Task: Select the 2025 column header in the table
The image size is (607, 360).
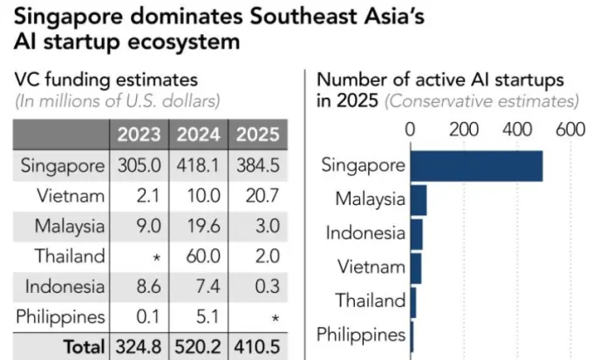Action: (256, 135)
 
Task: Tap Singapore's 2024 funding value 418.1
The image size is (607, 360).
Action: (198, 166)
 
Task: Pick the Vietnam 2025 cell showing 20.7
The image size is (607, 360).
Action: (256, 195)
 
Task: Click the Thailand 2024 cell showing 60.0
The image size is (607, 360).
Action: (198, 256)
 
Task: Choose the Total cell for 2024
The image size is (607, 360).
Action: (198, 346)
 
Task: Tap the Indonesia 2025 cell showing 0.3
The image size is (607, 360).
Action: (256, 286)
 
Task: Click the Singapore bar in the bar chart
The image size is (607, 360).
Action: (476, 166)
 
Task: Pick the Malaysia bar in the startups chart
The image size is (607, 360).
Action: (419, 200)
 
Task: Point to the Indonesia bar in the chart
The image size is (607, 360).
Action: (416, 234)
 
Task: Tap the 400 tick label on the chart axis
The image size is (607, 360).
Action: (516, 130)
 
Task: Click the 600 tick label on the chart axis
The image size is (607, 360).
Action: (569, 130)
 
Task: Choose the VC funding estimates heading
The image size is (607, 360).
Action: (106, 80)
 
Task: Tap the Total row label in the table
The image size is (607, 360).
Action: (84, 346)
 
